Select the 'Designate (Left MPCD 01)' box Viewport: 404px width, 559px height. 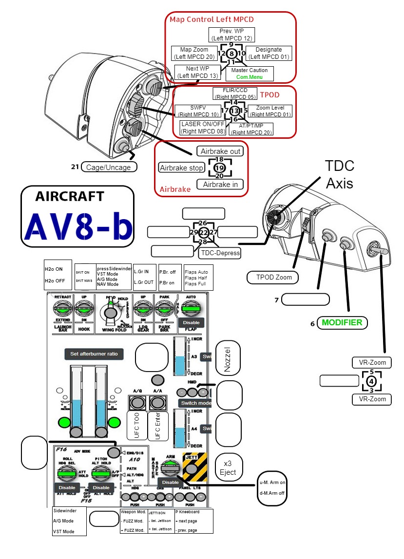click(269, 53)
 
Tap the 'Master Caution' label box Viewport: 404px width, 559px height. click(249, 74)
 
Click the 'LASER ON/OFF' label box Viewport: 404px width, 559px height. click(203, 128)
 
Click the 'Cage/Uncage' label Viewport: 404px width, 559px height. click(109, 167)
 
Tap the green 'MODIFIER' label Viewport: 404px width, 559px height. click(342, 322)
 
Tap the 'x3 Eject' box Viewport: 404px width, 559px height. click(228, 468)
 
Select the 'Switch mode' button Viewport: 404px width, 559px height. click(195, 403)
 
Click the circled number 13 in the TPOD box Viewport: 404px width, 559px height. click(234, 110)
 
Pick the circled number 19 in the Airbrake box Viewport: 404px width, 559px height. click(219, 168)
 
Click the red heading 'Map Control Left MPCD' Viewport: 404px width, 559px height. click(212, 19)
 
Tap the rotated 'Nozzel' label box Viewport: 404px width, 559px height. click(228, 359)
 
